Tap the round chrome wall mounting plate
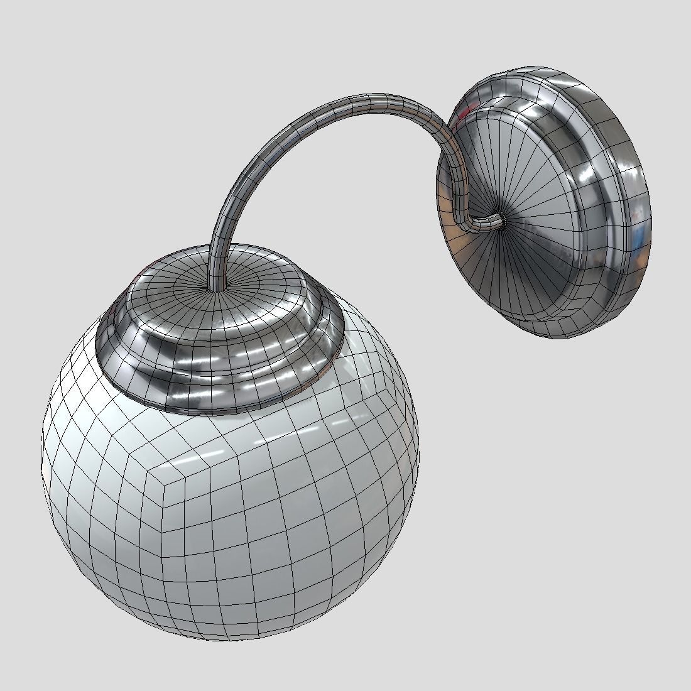(x=540, y=207)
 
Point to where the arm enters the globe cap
(x=215, y=288)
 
